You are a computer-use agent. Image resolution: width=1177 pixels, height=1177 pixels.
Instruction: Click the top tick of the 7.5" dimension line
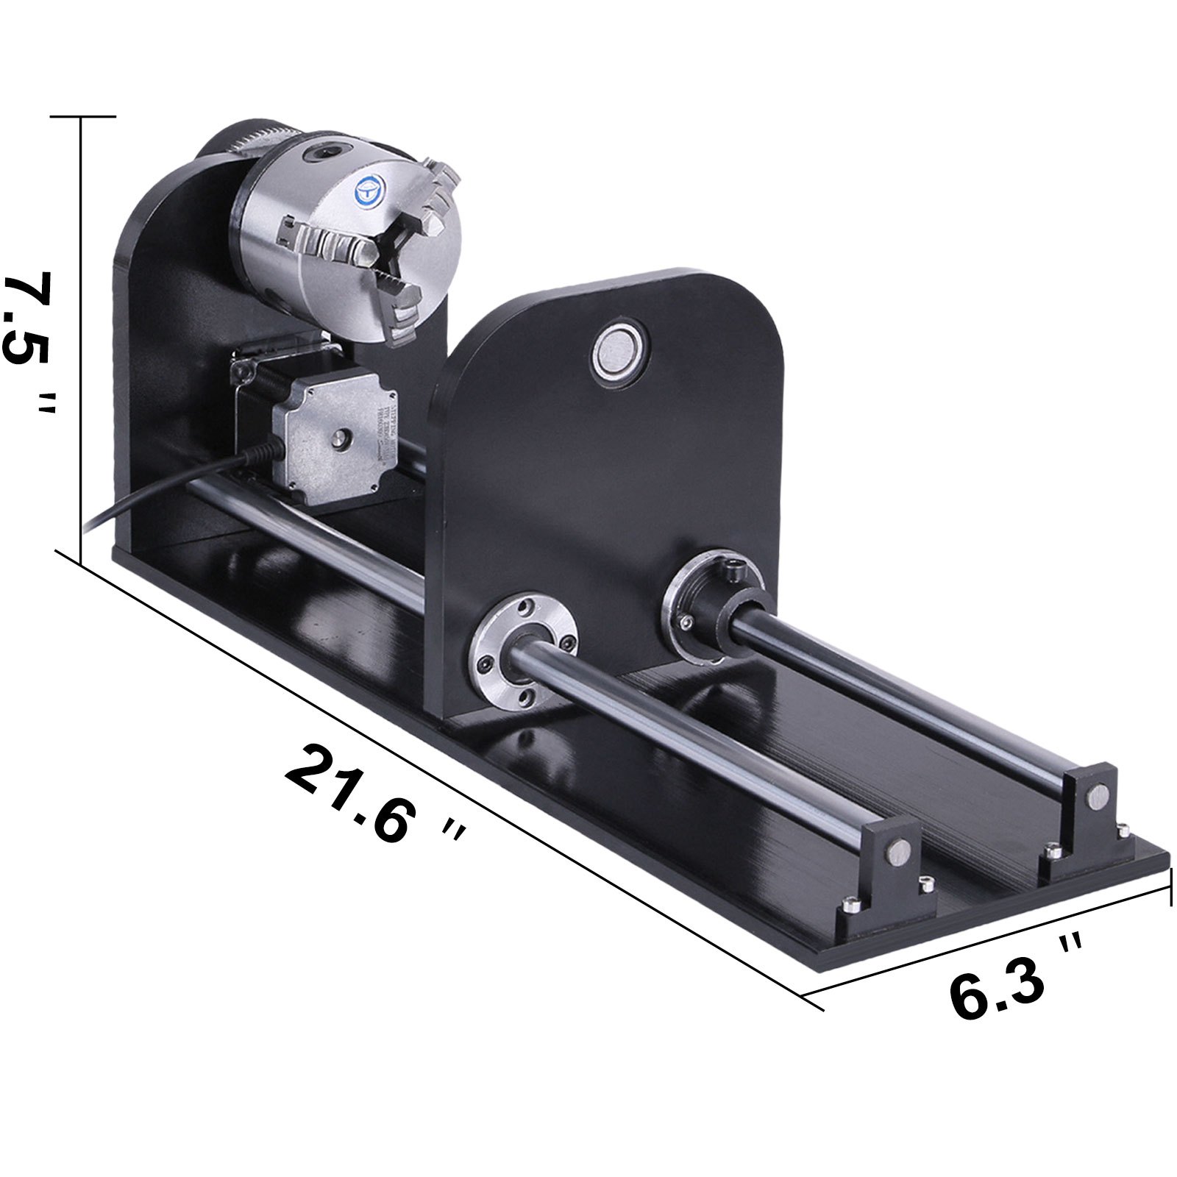81,116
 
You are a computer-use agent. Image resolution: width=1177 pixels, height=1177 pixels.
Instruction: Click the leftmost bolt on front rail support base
852,903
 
